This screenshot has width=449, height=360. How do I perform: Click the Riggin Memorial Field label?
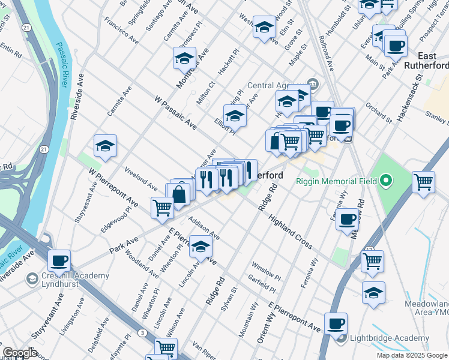[336, 181]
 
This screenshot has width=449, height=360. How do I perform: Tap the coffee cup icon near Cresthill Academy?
[59, 261]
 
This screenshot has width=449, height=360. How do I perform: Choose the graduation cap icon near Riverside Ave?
[105, 146]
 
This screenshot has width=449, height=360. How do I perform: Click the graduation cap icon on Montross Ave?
[185, 58]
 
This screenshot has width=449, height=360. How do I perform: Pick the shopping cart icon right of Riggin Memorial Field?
[424, 182]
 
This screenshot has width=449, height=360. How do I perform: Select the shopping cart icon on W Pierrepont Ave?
[163, 208]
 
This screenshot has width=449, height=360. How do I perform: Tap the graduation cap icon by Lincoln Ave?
[200, 247]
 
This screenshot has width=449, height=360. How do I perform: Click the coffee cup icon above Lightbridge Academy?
[336, 324]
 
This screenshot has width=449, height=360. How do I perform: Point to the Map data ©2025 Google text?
[411, 355]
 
